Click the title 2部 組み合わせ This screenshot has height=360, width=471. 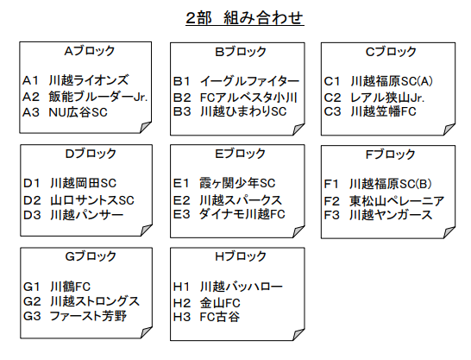pyautogui.click(x=245, y=18)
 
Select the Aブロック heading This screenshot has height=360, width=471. pyautogui.click(x=90, y=51)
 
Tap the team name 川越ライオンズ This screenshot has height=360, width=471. pyautogui.click(x=89, y=80)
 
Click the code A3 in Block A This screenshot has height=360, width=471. pyautogui.click(x=31, y=112)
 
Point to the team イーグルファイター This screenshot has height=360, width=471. pyautogui.click(x=249, y=81)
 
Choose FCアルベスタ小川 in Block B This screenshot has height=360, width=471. pyautogui.click(x=248, y=98)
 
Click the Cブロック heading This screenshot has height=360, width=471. pyautogui.click(x=391, y=52)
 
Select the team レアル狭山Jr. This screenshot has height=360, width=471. pyautogui.click(x=387, y=98)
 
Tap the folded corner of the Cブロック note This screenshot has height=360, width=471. pyautogui.click(x=449, y=129)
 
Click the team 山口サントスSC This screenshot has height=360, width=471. pyautogui.click(x=92, y=200)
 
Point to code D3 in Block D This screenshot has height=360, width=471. pyautogui.click(x=32, y=215)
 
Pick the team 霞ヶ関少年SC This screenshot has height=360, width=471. pyautogui.click(x=237, y=183)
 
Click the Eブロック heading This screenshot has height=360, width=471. pyautogui.click(x=240, y=154)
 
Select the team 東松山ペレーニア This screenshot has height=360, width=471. pyautogui.click(x=397, y=201)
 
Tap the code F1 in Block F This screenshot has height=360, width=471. pyautogui.click(x=331, y=184)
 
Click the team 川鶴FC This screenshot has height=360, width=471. pyautogui.click(x=70, y=287)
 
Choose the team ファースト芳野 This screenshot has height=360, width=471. pyautogui.click(x=88, y=316)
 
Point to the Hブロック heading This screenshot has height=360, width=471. pyautogui.click(x=241, y=256)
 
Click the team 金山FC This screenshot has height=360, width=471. pyautogui.click(x=220, y=303)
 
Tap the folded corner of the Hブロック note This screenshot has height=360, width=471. pyautogui.click(x=298, y=335)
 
